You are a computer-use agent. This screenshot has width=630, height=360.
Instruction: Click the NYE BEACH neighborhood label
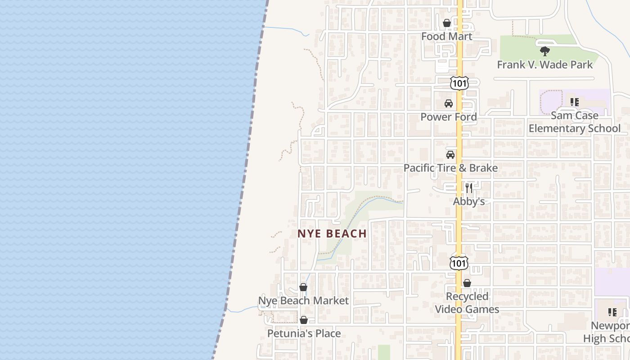click(332, 234)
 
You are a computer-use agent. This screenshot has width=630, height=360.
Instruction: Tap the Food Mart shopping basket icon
click(447, 23)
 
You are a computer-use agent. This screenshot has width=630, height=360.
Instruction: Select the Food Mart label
click(447, 36)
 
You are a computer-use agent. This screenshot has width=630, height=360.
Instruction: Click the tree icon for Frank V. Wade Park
click(545, 51)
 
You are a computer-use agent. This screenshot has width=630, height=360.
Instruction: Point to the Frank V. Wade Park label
click(545, 65)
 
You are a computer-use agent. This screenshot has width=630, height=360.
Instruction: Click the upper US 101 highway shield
click(459, 83)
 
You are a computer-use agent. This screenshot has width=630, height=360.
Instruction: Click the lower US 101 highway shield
click(459, 263)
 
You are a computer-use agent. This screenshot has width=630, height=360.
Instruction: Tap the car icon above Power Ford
click(449, 103)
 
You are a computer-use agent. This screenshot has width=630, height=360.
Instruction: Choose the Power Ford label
click(449, 117)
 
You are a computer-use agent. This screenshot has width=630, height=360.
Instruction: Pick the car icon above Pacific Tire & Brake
click(450, 155)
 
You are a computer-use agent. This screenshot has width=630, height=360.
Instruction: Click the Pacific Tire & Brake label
click(450, 168)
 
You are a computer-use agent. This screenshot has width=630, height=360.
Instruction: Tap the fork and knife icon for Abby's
click(469, 188)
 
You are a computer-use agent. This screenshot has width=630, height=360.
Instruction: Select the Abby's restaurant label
click(469, 201)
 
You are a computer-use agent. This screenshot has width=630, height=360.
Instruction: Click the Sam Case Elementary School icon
click(575, 102)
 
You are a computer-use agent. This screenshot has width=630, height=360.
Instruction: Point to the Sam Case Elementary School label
click(575, 122)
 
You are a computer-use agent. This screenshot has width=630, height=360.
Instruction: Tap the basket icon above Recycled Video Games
click(467, 283)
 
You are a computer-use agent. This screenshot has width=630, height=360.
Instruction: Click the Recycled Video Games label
click(467, 303)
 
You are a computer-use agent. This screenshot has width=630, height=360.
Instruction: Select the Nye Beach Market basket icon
click(303, 287)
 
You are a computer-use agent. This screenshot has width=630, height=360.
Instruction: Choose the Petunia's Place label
click(304, 333)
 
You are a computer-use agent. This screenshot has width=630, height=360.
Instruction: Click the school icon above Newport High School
click(612, 312)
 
